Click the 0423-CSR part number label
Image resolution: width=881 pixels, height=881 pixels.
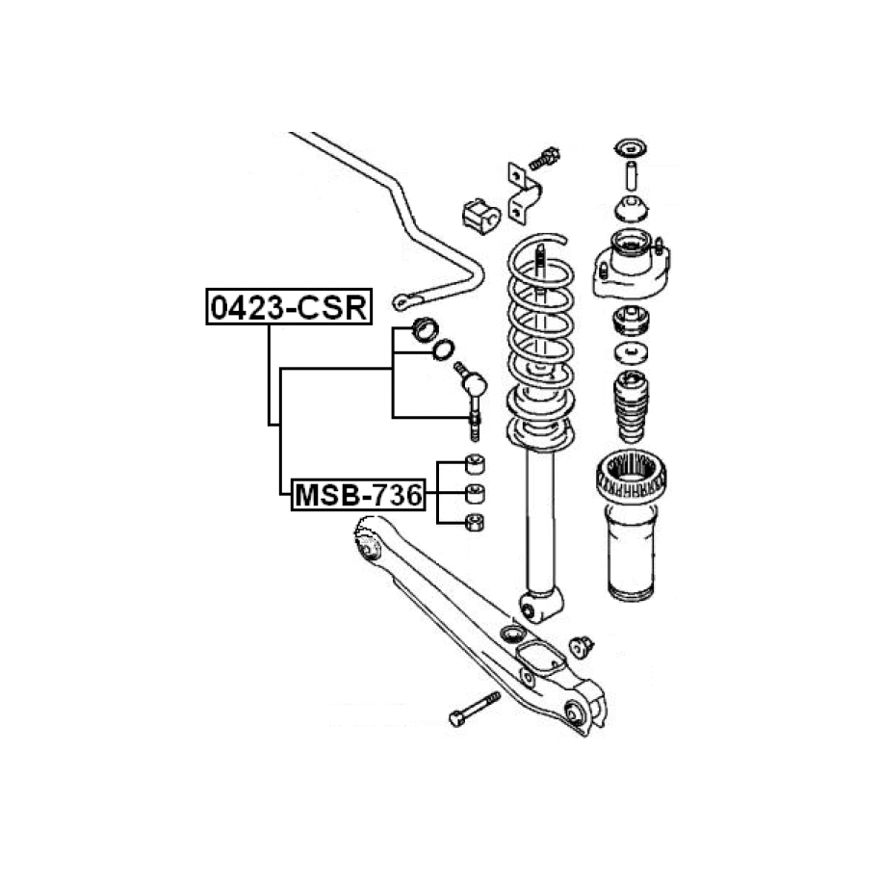(289, 307)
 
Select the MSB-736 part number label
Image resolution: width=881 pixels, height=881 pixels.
(358, 495)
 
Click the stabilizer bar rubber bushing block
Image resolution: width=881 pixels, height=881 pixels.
(481, 217)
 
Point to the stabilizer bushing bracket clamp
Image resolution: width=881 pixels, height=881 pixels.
(524, 194)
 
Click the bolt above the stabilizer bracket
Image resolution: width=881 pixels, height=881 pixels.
(544, 159)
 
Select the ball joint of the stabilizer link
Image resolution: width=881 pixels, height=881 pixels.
(475, 384)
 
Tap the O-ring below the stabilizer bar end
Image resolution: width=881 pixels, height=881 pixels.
(443, 350)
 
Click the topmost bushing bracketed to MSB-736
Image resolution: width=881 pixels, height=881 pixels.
(476, 464)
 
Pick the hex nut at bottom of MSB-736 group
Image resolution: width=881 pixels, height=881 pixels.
(476, 523)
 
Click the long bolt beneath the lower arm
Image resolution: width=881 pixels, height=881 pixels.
(475, 709)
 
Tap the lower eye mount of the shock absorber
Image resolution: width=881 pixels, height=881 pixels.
(540, 605)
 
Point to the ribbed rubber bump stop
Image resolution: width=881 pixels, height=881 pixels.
(631, 406)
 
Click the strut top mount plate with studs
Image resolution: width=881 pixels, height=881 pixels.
(631, 266)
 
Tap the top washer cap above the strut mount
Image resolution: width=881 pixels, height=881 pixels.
(631, 149)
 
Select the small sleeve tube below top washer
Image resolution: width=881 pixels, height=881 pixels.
(631, 176)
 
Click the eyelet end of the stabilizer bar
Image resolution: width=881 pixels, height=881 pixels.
(404, 301)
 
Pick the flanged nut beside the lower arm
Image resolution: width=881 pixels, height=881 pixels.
(581, 647)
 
